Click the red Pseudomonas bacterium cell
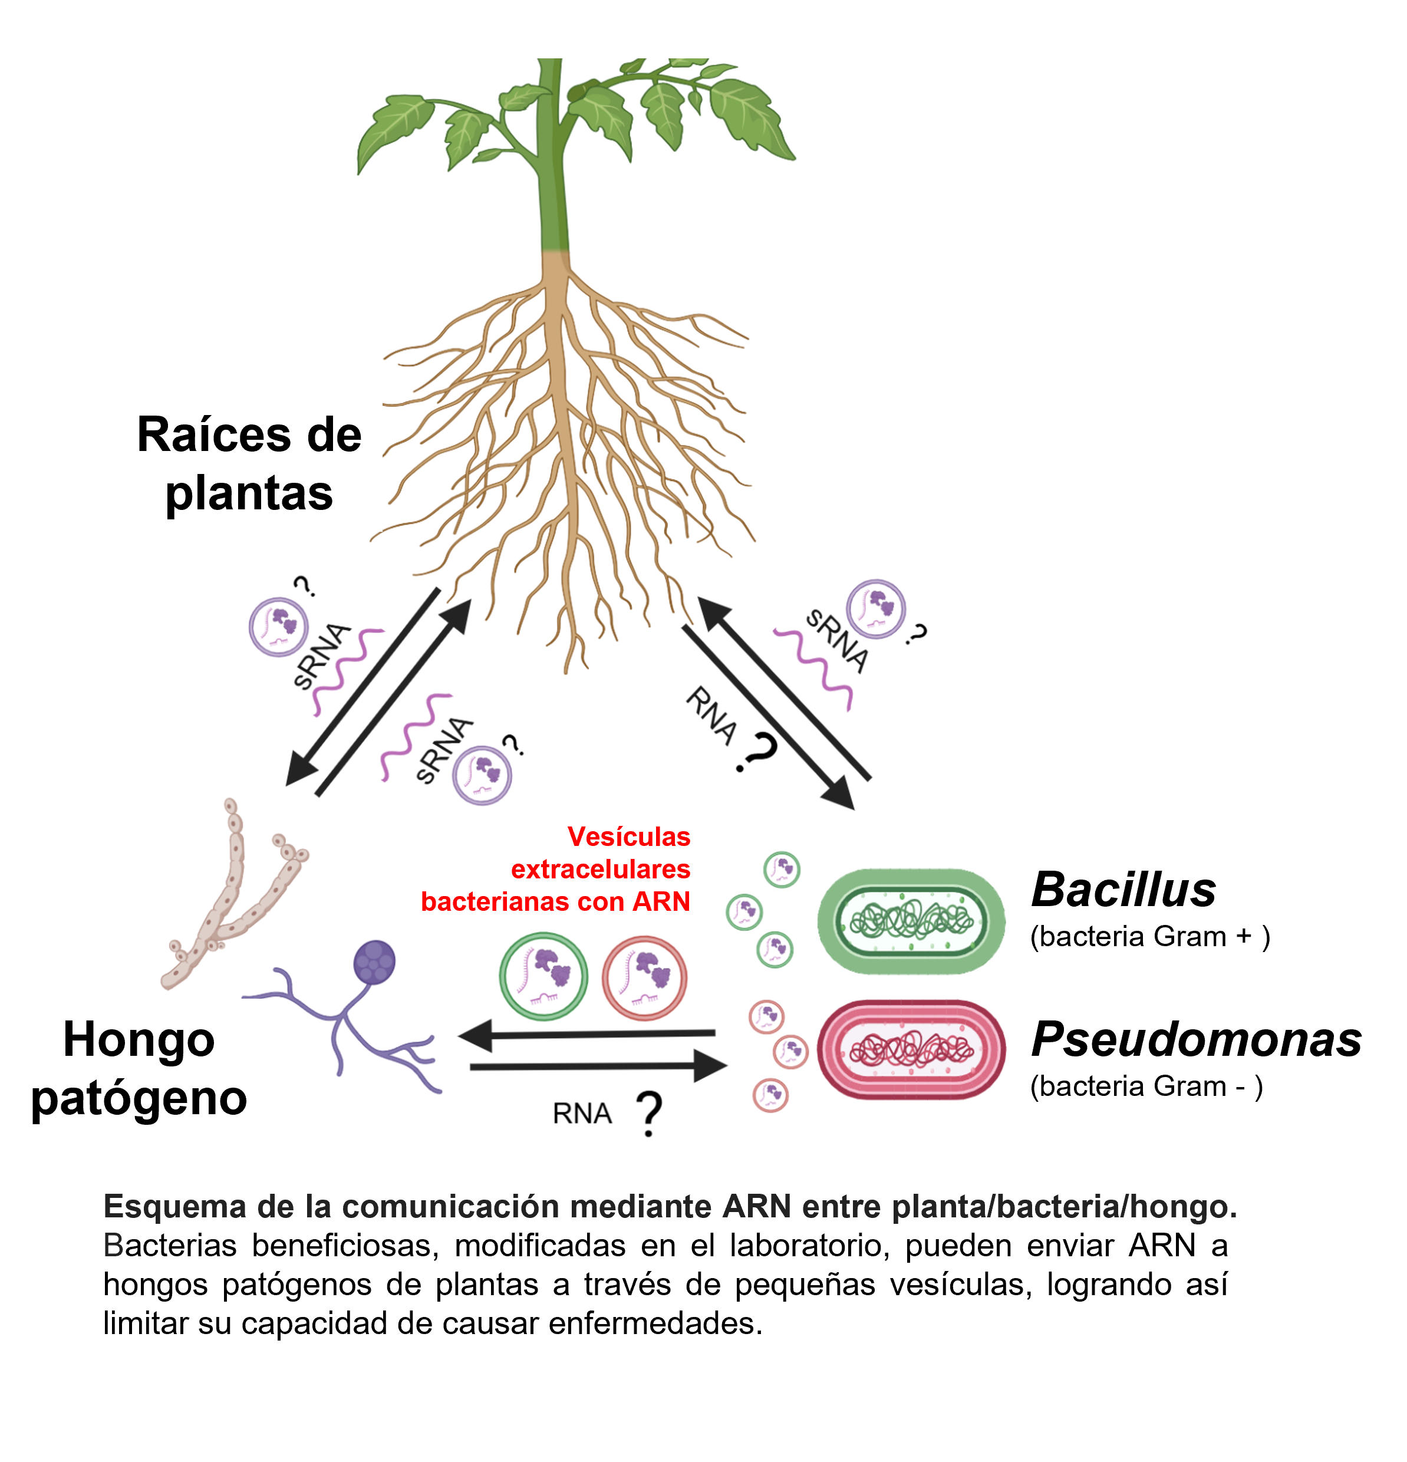[911, 1049]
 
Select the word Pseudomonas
[1195, 1039]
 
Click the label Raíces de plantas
[249, 463]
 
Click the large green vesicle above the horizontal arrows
[543, 976]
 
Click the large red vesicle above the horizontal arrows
[644, 978]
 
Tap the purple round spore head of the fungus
[374, 962]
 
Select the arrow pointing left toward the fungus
[589, 1035]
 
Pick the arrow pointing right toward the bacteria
[597, 1066]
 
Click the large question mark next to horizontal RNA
[649, 1113]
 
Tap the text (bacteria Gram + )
[1149, 936]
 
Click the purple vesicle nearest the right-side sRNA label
[876, 608]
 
